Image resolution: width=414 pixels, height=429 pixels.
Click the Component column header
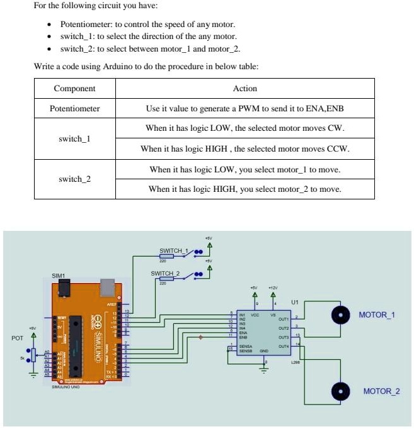(x=74, y=89)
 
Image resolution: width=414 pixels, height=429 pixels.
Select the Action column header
(x=244, y=89)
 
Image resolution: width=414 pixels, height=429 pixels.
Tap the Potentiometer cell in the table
(x=74, y=108)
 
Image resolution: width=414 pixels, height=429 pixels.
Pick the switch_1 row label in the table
(x=74, y=138)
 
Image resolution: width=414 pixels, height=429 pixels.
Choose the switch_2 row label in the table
(x=74, y=179)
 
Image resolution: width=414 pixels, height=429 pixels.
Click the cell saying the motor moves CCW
(x=244, y=149)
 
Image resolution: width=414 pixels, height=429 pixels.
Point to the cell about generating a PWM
(x=244, y=108)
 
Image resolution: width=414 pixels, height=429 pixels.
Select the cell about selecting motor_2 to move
(x=244, y=189)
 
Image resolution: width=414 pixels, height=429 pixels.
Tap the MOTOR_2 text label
(x=381, y=391)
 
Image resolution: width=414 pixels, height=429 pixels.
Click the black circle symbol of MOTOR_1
(x=341, y=315)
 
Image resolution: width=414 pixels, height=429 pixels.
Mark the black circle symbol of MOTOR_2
(x=341, y=391)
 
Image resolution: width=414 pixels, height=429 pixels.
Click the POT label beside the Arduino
(x=17, y=338)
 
